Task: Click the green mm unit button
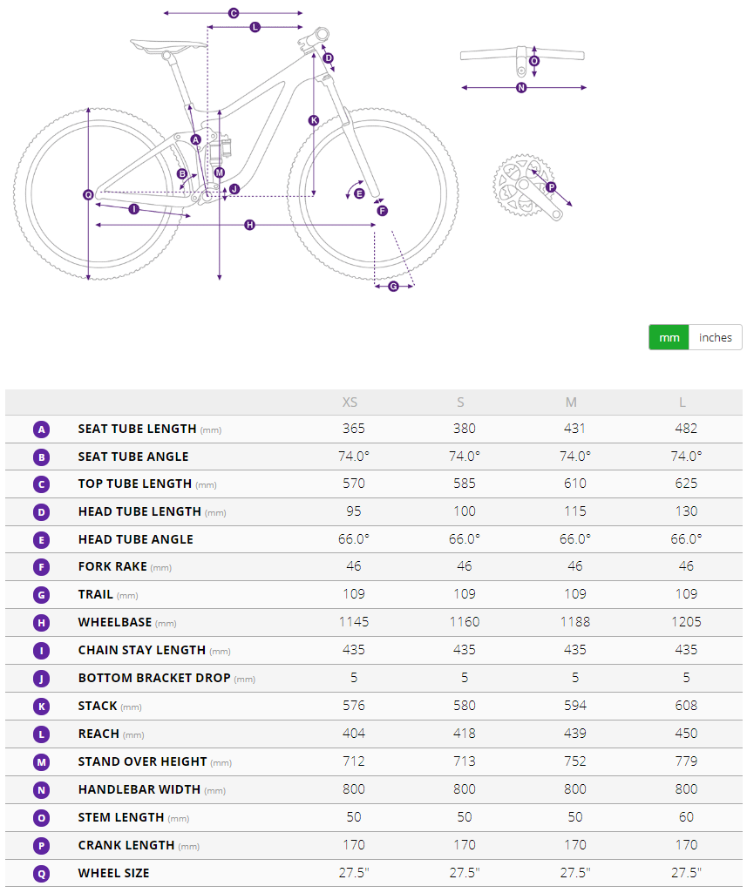[x=669, y=338]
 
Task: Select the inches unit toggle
[x=715, y=338]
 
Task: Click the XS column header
[x=350, y=403]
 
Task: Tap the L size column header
[x=682, y=403]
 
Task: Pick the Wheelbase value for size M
[x=575, y=622]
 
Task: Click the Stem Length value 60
[x=686, y=817]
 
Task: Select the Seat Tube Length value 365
[x=353, y=429]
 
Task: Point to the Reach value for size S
[x=465, y=734]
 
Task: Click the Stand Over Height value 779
[x=686, y=761]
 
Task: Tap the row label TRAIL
[x=96, y=594]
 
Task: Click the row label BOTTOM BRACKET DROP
[x=153, y=679]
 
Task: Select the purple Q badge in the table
[x=41, y=874]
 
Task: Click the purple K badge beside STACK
[x=41, y=707]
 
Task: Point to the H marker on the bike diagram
[x=249, y=225]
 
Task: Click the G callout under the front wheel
[x=393, y=287]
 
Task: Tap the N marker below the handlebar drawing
[x=521, y=88]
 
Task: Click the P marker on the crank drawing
[x=551, y=187]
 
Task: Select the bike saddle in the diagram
[x=168, y=44]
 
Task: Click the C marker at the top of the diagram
[x=234, y=13]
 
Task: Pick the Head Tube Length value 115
[x=575, y=511]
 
